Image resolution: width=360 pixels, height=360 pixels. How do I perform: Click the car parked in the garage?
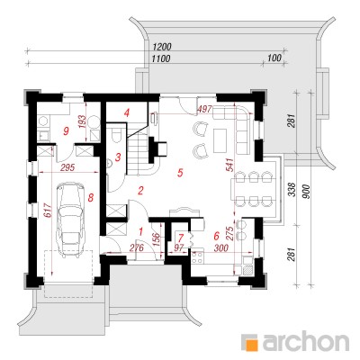[71, 220]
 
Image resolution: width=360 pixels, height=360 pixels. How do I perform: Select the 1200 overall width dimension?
[162, 47]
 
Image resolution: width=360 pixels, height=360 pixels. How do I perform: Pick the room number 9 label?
[67, 130]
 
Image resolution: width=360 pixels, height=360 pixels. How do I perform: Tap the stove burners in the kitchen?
[198, 256]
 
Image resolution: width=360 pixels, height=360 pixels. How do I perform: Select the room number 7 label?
[180, 238]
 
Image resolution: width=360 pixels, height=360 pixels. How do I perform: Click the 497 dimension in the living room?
[204, 109]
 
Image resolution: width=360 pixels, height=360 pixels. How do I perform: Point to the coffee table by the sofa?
[220, 139]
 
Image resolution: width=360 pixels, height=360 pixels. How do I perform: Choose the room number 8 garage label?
[91, 197]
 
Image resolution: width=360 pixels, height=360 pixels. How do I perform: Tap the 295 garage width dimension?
[67, 167]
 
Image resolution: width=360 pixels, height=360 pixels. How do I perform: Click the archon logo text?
[306, 341]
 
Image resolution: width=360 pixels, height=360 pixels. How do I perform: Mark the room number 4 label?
[127, 113]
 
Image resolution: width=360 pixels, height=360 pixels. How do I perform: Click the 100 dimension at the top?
[275, 58]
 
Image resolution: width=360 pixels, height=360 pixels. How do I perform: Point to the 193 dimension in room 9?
[83, 122]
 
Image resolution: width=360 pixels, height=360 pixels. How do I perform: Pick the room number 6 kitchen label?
[216, 236]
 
